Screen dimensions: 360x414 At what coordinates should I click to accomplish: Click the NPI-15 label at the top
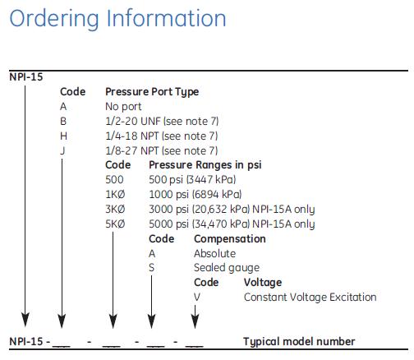click(26, 77)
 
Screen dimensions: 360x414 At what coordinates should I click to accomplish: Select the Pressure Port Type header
click(152, 92)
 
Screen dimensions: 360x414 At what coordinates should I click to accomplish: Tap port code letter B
click(63, 122)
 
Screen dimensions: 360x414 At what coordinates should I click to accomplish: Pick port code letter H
click(63, 136)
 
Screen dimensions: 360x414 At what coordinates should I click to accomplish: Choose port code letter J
click(63, 150)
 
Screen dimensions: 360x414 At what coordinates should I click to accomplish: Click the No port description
click(123, 107)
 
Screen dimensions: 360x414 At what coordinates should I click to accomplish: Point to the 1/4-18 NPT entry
click(161, 136)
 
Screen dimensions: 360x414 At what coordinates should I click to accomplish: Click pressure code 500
click(114, 180)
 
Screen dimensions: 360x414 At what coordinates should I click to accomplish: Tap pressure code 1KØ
click(116, 195)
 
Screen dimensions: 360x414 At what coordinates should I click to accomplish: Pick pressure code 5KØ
click(116, 224)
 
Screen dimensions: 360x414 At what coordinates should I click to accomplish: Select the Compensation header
click(229, 238)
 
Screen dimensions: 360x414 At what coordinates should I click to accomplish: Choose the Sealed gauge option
click(226, 268)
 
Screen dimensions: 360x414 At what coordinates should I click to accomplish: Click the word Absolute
click(214, 253)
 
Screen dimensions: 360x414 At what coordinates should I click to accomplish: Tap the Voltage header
click(262, 282)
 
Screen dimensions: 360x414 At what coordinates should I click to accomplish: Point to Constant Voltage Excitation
click(310, 297)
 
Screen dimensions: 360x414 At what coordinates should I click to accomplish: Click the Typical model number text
click(299, 341)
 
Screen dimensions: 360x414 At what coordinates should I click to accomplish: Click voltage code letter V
click(195, 297)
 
